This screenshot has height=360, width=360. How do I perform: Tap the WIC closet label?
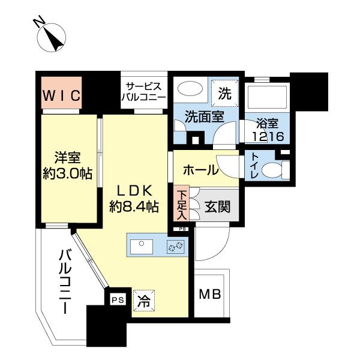coord(61,95)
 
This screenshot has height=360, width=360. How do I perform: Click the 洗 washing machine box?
coord(224,93)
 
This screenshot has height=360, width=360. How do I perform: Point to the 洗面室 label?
coord(205,116)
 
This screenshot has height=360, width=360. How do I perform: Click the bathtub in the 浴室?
coord(268,100)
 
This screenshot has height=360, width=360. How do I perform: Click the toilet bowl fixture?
coord(274,170)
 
